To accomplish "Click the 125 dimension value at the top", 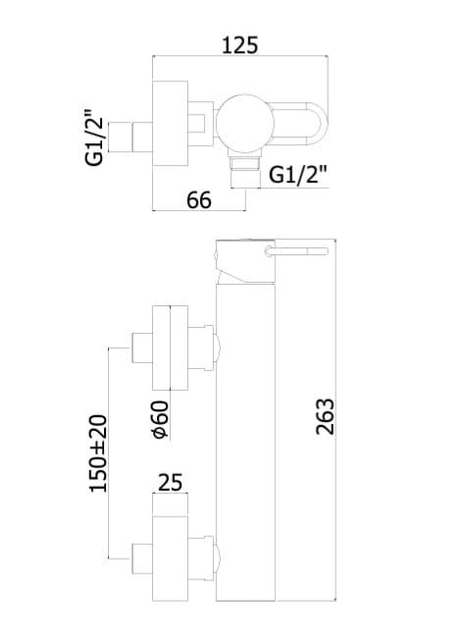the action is click(x=240, y=45).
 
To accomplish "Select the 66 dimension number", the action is click(x=199, y=200).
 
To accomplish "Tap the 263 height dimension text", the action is click(x=326, y=416).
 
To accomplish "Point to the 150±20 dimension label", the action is click(x=98, y=454).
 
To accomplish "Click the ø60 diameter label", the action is click(x=160, y=419).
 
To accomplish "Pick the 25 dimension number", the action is click(x=170, y=483).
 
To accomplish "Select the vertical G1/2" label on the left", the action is click(x=94, y=137).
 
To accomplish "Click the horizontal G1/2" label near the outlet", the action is click(x=298, y=175).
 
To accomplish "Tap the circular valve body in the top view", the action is click(x=245, y=124).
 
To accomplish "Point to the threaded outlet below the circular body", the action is click(x=245, y=172).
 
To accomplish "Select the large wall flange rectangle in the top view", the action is click(x=170, y=124).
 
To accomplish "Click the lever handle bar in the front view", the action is click(x=296, y=251).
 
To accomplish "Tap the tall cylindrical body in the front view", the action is click(x=245, y=442).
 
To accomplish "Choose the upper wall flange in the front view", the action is click(x=170, y=348).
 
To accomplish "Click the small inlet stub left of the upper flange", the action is click(x=142, y=348).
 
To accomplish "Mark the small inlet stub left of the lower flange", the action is click(x=142, y=559).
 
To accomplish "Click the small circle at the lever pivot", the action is click(x=269, y=251).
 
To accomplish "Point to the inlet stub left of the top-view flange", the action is click(x=142, y=137).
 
